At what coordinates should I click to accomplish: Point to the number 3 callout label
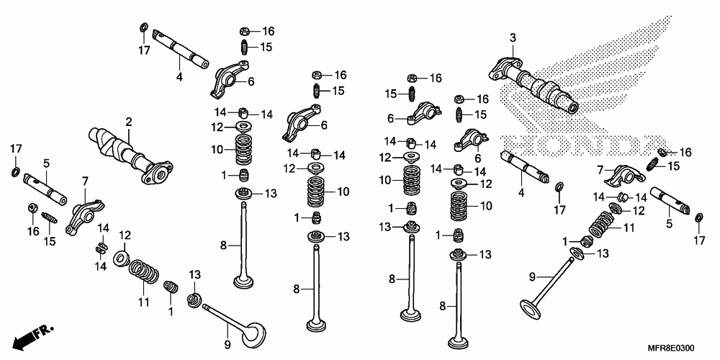pyautogui.click(x=513, y=37)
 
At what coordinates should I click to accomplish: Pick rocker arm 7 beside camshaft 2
pyautogui.click(x=80, y=212)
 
